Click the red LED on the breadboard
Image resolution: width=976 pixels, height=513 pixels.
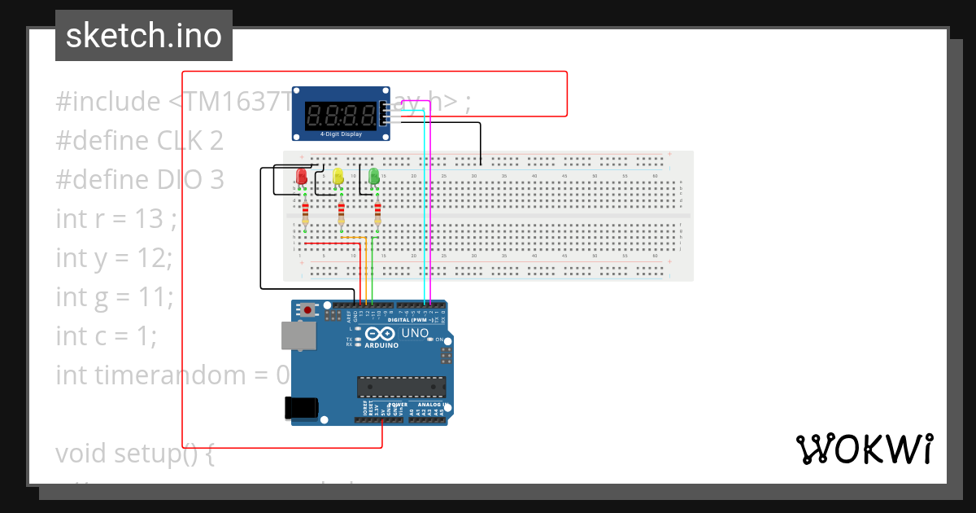[x=302, y=177]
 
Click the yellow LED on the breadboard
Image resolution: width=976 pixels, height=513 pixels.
[x=338, y=177]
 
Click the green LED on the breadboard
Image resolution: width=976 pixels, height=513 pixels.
[x=374, y=177]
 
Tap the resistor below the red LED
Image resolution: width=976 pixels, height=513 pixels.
[x=305, y=214]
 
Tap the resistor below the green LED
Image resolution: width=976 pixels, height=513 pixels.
[x=377, y=214]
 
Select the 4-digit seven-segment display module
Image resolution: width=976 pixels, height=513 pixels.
[x=341, y=113]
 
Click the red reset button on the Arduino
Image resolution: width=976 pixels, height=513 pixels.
[x=307, y=310]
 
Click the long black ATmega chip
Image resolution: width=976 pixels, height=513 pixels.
[x=401, y=388]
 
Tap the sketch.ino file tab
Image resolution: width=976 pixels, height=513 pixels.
[x=144, y=36]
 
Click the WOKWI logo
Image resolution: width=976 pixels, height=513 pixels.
[x=864, y=449]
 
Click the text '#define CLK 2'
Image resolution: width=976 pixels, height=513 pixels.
[x=139, y=140]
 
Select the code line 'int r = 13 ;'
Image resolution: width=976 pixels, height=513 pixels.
[x=115, y=218]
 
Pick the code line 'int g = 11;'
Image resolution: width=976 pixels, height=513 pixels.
[x=114, y=296]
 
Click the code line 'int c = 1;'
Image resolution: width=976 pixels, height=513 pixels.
[x=107, y=335]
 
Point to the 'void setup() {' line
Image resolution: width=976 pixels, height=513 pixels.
[x=134, y=453]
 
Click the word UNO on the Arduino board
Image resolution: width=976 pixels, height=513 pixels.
[x=416, y=333]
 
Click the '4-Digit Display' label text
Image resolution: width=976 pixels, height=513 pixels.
[x=341, y=134]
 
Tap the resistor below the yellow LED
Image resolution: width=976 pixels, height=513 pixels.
[x=341, y=214]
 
